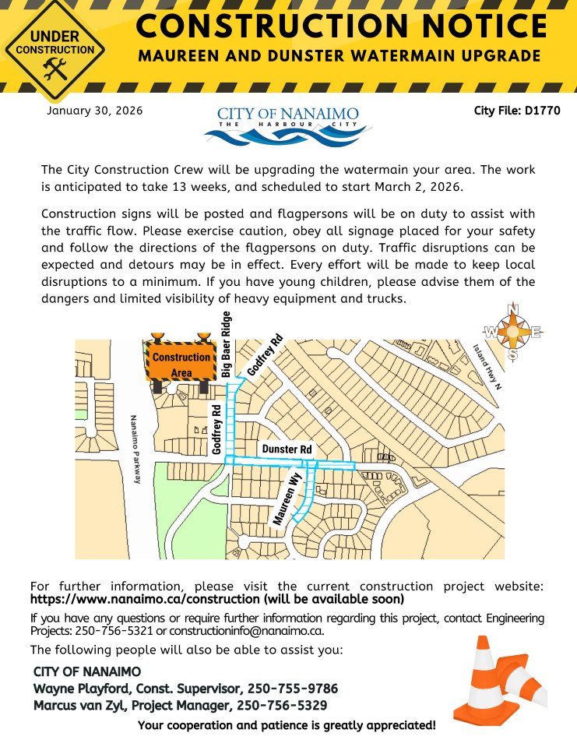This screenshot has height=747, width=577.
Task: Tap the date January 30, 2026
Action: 95,111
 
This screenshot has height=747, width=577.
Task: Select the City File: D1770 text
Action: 516,111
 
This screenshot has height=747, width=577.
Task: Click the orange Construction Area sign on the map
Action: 181,363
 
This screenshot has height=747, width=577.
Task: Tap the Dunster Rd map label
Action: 287,449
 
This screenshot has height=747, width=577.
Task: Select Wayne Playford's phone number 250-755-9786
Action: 293,689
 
